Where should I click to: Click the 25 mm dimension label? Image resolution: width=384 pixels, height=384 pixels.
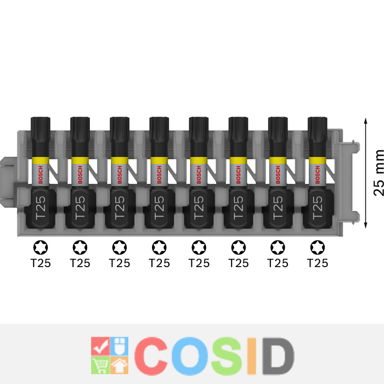[x=379, y=173]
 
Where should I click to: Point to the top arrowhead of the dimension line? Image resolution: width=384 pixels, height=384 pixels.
[x=366, y=121]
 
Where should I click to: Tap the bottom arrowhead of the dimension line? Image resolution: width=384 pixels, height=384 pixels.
[x=366, y=225]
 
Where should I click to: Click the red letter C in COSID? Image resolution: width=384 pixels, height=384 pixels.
[x=151, y=356]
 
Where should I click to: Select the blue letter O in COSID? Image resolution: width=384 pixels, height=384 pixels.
[x=190, y=356]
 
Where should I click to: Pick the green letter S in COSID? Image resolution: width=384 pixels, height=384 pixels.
[x=227, y=356]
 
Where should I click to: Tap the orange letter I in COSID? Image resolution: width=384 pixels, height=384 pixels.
[x=252, y=356]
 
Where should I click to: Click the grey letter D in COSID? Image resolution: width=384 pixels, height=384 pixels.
[x=278, y=356]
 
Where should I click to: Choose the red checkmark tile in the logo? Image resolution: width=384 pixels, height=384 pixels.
[x=100, y=346]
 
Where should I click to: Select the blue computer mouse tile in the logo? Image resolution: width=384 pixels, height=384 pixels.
[x=119, y=346]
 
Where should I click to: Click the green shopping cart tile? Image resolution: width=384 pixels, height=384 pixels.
[x=100, y=365]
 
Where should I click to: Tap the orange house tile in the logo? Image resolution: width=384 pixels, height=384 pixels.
[x=119, y=365]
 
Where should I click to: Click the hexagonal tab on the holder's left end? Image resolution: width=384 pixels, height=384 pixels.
[x=8, y=182]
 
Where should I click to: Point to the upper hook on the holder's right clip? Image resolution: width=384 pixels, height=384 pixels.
[x=356, y=146]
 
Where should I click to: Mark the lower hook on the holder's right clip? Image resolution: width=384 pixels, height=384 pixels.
[x=356, y=217]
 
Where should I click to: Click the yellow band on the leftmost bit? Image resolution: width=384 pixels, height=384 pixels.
[x=41, y=160]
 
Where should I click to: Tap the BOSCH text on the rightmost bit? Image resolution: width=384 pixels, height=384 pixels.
[x=318, y=174]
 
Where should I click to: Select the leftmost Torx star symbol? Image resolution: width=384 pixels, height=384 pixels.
[x=41, y=247]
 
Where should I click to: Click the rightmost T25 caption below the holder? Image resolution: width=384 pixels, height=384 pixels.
[x=318, y=263]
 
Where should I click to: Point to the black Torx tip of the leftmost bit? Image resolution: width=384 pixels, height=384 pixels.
[x=41, y=127]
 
